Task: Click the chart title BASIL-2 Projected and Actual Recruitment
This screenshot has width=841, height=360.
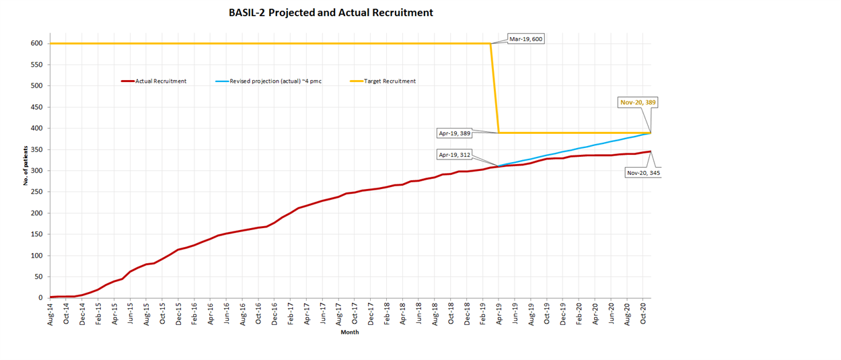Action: [x=330, y=13]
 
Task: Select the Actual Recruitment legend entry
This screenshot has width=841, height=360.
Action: [x=161, y=81]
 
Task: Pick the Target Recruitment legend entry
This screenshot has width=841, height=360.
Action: [x=390, y=81]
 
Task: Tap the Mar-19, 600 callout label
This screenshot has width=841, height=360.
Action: [x=525, y=39]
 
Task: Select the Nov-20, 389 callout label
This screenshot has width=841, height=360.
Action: [x=638, y=103]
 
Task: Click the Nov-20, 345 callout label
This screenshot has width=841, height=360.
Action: [x=643, y=173]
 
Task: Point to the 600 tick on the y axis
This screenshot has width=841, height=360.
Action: [x=36, y=44]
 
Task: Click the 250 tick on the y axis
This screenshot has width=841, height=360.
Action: [x=36, y=192]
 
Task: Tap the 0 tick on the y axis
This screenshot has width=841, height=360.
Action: [x=40, y=298]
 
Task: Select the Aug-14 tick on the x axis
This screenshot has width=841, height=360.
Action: [x=50, y=314]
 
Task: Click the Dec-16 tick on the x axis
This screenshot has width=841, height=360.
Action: [x=275, y=314]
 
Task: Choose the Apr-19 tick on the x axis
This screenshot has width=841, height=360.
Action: [x=499, y=314]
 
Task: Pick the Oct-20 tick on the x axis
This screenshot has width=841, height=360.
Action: [x=643, y=314]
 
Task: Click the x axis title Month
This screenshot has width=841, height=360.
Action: [x=350, y=332]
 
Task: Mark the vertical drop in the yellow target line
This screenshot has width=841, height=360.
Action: [x=495, y=87]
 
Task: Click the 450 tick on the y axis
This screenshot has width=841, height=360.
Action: [x=36, y=107]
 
